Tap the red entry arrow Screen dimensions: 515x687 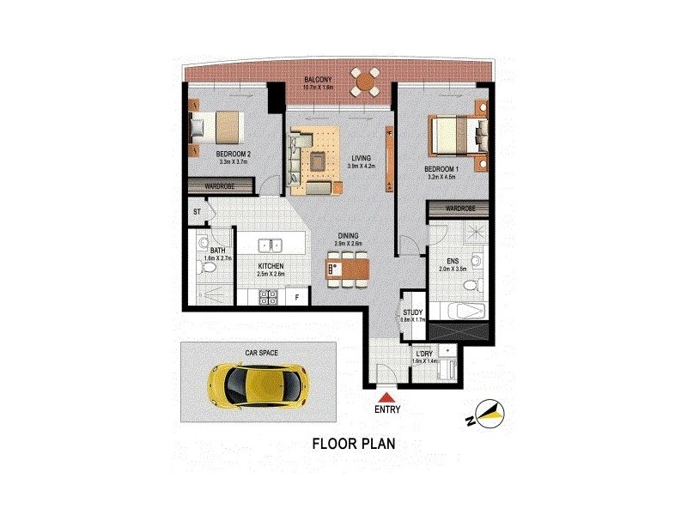(387, 397)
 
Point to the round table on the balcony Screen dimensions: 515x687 (367, 83)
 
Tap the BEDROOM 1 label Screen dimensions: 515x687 (442, 170)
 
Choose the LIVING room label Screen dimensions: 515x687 (362, 158)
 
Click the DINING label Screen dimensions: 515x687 (348, 235)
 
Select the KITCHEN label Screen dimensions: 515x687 (271, 266)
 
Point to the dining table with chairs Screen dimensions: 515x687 (348, 268)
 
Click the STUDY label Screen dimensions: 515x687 (414, 313)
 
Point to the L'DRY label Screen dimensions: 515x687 (424, 354)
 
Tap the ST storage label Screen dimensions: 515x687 (197, 210)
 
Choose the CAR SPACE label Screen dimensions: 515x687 (262, 352)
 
